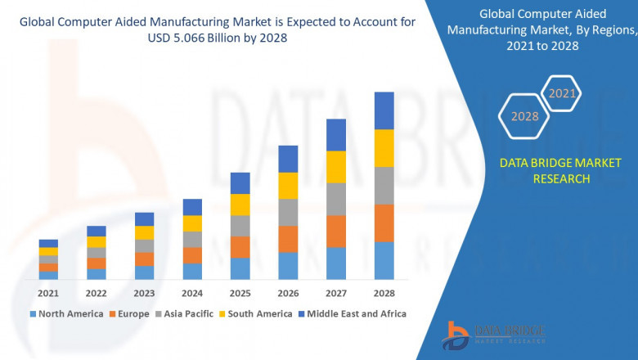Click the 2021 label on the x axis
[48, 293]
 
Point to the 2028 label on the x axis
[384, 293]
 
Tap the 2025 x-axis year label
[240, 293]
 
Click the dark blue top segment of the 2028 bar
[384, 110]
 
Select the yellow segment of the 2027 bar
[336, 167]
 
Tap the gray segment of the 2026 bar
[288, 212]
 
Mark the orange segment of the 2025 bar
[240, 247]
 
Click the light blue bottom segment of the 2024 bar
[192, 271]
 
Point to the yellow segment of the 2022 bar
[97, 241]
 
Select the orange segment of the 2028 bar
[384, 223]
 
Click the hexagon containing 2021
[562, 94]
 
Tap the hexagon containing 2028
[524, 117]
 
